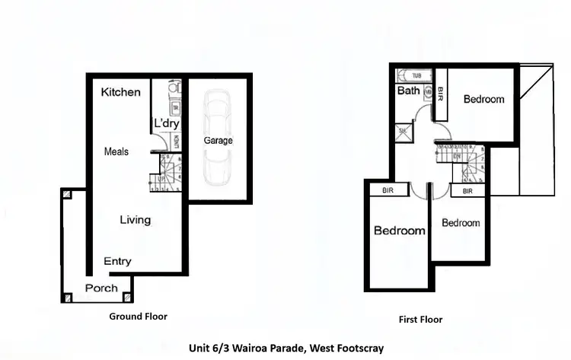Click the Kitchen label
pyautogui.click(x=121, y=92)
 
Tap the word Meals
pyautogui.click(x=116, y=151)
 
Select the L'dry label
pyautogui.click(x=166, y=123)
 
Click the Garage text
pyautogui.click(x=218, y=141)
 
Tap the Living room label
pyautogui.click(x=136, y=220)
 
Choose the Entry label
pyautogui.click(x=117, y=261)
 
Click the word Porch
pyautogui.click(x=101, y=288)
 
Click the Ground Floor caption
pyautogui.click(x=138, y=316)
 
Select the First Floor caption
pyautogui.click(x=420, y=319)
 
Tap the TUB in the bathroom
pyautogui.click(x=415, y=75)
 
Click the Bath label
pyautogui.click(x=408, y=91)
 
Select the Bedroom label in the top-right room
pyautogui.click(x=483, y=99)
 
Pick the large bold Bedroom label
pyautogui.click(x=399, y=230)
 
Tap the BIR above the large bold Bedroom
pyautogui.click(x=388, y=191)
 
